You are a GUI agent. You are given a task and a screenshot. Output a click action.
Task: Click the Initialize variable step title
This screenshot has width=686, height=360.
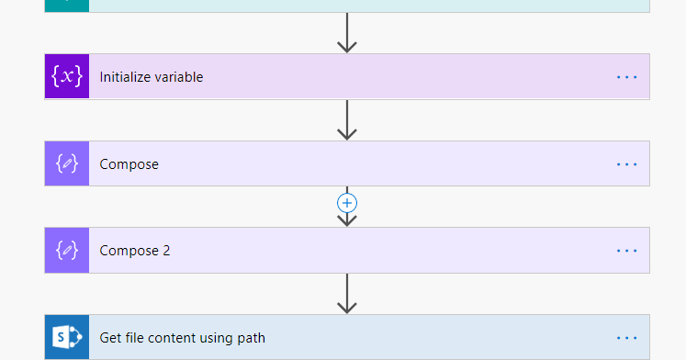coord(152,77)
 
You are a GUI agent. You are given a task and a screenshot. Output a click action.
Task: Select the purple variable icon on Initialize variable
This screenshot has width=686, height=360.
coord(67,77)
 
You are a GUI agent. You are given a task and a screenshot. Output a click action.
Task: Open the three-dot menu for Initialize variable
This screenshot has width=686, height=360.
coord(627,77)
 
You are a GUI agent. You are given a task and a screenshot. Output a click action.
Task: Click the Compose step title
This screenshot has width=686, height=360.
coord(129,164)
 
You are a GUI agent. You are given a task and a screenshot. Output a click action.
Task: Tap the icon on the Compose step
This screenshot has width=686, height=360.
coord(67,163)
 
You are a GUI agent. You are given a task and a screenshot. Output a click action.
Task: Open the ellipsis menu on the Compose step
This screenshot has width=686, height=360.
coord(627,164)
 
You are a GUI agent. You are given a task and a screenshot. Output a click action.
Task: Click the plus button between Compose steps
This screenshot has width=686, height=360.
coord(347,203)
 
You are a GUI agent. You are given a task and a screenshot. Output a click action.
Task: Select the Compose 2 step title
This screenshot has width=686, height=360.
coord(135,251)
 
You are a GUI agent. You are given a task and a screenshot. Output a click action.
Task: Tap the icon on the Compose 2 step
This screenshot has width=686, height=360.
coord(67,251)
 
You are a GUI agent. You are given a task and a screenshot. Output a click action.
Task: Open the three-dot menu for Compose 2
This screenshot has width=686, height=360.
coord(627,251)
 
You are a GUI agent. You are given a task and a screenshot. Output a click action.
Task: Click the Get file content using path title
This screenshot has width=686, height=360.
coord(183,338)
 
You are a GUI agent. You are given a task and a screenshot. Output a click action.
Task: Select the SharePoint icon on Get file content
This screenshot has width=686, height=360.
coord(67,337)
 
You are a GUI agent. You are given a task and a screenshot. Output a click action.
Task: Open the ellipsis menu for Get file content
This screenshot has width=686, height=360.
coord(627,338)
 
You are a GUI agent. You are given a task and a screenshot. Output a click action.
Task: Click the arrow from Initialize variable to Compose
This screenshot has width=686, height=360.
coord(347,120)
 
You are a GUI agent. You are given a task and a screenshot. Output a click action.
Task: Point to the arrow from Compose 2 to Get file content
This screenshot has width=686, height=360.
coord(347,294)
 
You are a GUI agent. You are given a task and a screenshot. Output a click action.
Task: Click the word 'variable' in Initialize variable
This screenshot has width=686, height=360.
coord(178,77)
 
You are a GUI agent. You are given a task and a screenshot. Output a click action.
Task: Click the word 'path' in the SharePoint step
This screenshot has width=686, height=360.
coord(251,338)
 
